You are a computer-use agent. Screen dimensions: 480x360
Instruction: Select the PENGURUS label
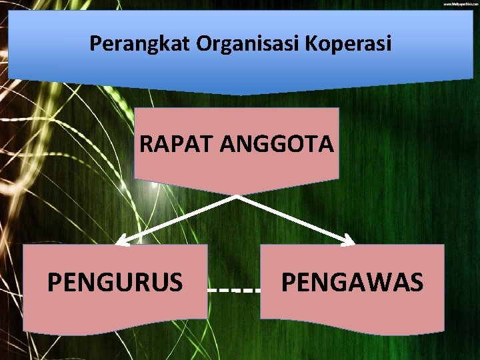pos(115,282)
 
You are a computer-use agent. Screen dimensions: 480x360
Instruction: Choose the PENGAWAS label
pos(352,282)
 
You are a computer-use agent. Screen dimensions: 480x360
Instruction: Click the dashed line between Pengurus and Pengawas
pos(233,291)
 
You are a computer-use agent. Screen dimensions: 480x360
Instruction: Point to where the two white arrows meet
pos(237,197)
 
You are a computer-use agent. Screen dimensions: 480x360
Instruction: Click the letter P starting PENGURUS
pos(54,282)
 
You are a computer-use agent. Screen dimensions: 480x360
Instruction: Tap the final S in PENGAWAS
pos(416,282)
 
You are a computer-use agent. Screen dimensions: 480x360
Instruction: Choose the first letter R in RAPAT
pos(147,144)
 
